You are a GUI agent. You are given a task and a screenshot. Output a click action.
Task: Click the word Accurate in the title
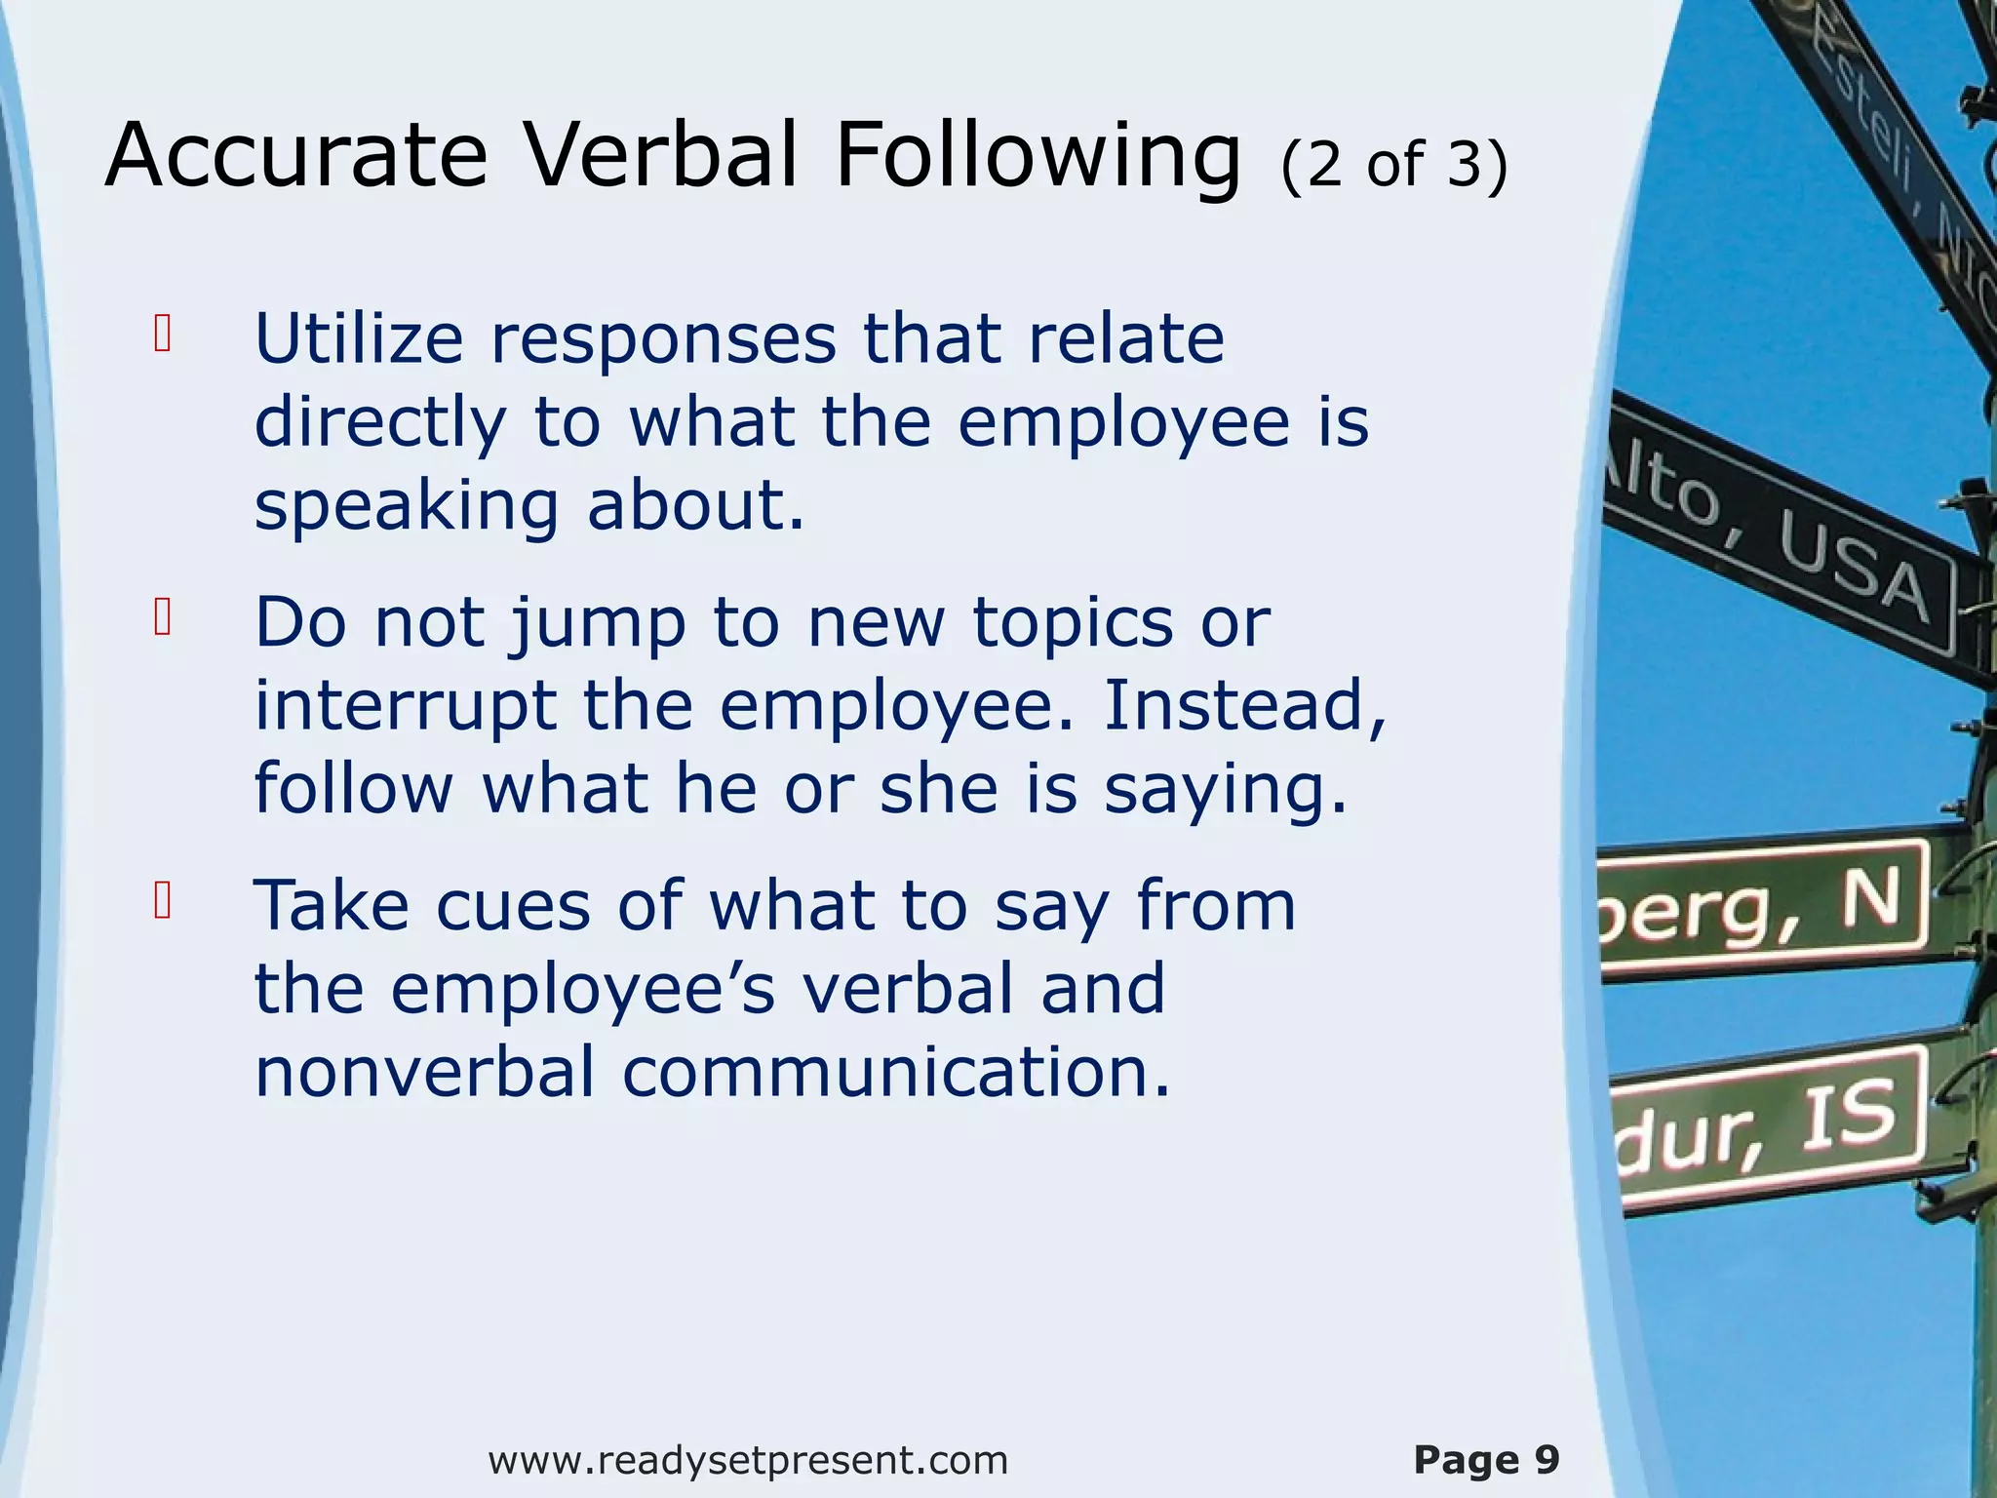click(295, 156)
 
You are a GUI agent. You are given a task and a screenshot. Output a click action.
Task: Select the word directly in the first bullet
click(380, 423)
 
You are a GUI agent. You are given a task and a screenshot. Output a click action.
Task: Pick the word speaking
click(406, 507)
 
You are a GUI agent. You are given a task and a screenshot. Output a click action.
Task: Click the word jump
click(598, 624)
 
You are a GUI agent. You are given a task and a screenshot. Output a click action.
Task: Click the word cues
click(513, 906)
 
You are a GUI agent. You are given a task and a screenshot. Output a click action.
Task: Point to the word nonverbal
click(424, 1072)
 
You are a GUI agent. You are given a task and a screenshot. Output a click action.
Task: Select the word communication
click(895, 1072)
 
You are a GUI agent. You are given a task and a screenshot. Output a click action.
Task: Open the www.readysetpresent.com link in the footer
click(748, 1460)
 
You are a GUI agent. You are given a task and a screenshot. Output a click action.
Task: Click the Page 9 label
click(1486, 1460)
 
